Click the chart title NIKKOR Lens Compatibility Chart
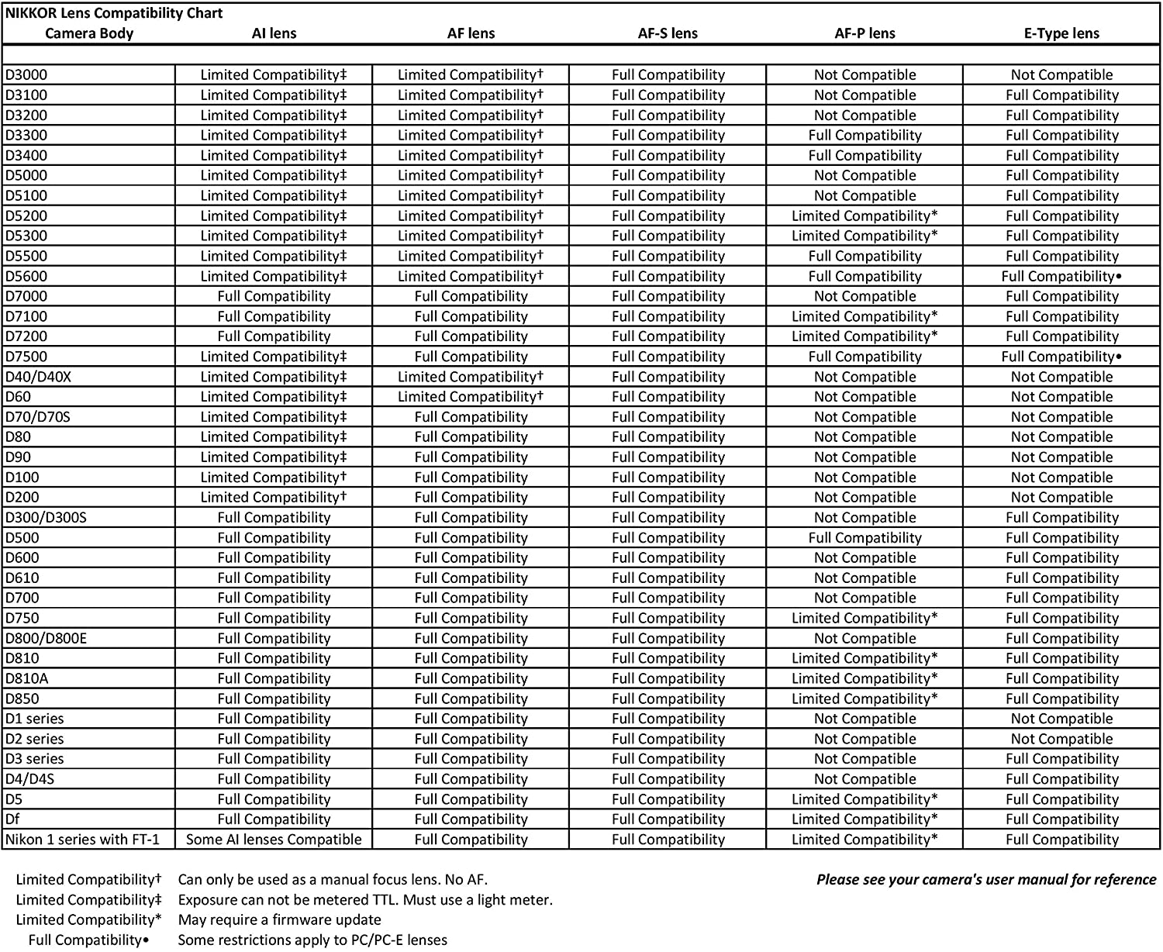pos(115,13)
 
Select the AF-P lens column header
pos(864,33)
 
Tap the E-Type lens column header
pos(1061,33)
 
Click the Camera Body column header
pos(89,33)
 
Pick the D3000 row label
pos(26,75)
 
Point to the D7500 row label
pos(26,357)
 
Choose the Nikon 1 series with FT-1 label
pos(82,840)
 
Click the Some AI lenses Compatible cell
pos(274,840)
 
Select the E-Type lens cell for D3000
pos(1061,75)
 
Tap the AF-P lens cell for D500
pos(864,538)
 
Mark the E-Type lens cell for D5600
pos(1061,276)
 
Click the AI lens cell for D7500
pos(274,357)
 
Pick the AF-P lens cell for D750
pos(864,618)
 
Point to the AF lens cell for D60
pos(471,397)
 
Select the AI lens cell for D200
pos(274,498)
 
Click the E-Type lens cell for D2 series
pos(1061,739)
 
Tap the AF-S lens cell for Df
pos(668,819)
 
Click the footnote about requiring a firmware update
pos(279,920)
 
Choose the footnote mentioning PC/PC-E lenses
pos(312,940)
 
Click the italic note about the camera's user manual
pos(985,880)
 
